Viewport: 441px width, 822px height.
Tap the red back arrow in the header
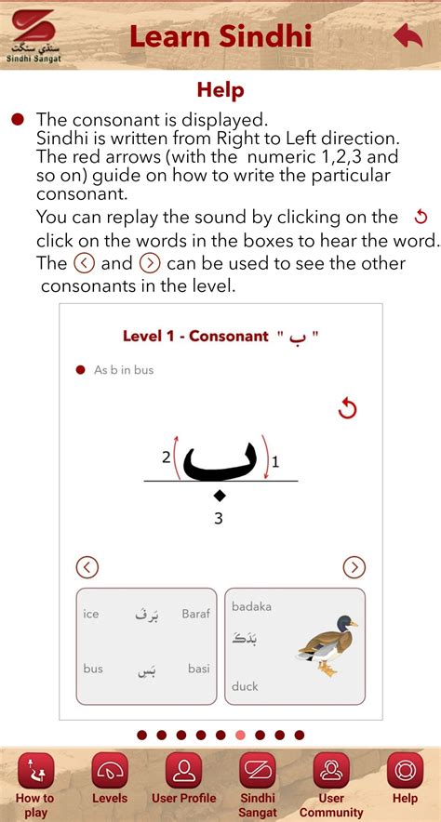[x=408, y=36]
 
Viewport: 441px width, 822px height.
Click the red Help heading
[x=220, y=90]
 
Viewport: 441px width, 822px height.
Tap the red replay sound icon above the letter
[x=347, y=408]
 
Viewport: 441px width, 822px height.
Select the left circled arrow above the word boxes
[x=87, y=566]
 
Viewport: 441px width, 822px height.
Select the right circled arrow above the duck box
[x=354, y=566]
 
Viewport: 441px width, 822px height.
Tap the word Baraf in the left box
[x=195, y=614]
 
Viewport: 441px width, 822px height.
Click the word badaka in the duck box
[x=251, y=606]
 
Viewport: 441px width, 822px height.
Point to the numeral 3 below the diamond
[x=219, y=519]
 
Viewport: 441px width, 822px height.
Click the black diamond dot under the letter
[x=219, y=496]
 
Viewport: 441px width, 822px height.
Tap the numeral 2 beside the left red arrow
[x=166, y=457]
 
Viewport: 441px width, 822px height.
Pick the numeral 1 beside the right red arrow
[x=275, y=460]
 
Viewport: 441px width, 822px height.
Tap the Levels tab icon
[x=110, y=771]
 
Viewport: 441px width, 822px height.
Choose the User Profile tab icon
[x=183, y=771]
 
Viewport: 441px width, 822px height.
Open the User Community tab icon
[x=331, y=771]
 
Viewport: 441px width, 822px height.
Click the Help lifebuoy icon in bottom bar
[x=405, y=771]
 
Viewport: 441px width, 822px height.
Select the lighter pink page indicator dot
[x=240, y=735]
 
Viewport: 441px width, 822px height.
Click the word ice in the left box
[x=91, y=614]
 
